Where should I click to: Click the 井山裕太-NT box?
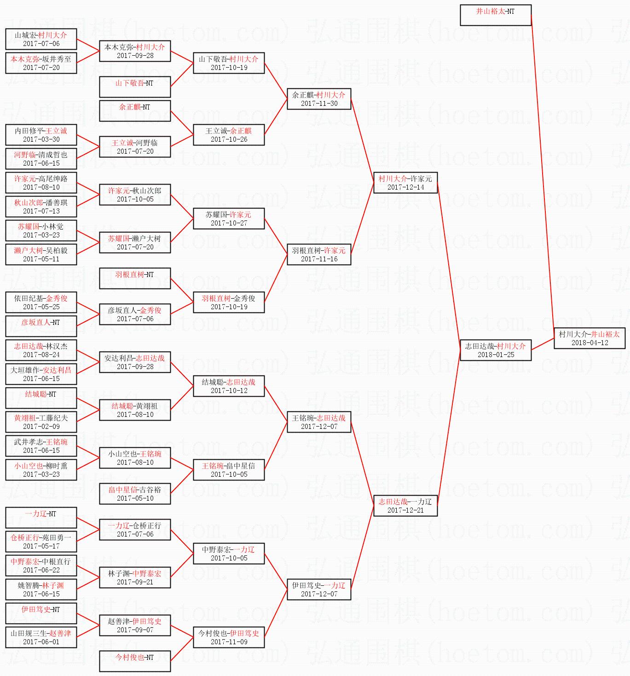[x=496, y=15]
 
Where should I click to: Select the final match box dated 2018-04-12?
[x=590, y=338]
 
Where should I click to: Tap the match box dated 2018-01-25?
[x=496, y=350]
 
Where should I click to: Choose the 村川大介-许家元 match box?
[x=405, y=183]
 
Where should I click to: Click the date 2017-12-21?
[x=405, y=510]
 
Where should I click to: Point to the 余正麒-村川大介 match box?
[x=319, y=99]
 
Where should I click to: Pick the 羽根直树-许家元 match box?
[x=319, y=254]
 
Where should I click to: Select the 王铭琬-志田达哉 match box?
[x=319, y=422]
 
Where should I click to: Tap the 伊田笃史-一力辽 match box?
[x=319, y=589]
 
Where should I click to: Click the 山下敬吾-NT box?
[x=135, y=87]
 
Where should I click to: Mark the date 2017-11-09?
[x=229, y=641]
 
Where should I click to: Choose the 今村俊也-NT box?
[x=135, y=661]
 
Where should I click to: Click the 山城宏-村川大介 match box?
[x=41, y=39]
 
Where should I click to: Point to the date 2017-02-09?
[x=41, y=426]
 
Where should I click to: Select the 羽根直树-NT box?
[x=135, y=278]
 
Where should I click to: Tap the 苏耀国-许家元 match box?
[x=229, y=219]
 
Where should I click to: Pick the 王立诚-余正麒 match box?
[x=229, y=135]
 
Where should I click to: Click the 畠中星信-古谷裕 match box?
[x=135, y=494]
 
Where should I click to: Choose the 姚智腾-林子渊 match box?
[x=41, y=589]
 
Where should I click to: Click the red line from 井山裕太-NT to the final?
[x=543, y=175]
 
